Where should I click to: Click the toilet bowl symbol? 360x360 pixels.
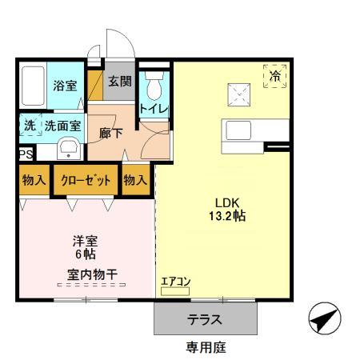tap(154, 86)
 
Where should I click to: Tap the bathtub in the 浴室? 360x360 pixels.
tap(33, 86)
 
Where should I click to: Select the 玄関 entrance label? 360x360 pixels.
tap(120, 81)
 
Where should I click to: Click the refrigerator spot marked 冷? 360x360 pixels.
tap(275, 76)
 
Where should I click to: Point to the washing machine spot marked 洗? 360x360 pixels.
tap(30, 125)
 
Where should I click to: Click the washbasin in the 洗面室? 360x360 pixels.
tap(69, 148)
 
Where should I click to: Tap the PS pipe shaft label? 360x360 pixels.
tap(26, 154)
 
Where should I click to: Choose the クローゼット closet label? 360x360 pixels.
tap(86, 180)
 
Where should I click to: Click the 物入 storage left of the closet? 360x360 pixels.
tap(34, 180)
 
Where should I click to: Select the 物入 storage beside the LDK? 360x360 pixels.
tap(135, 180)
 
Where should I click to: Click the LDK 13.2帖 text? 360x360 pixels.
tap(227, 210)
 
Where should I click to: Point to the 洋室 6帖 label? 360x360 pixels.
tap(86, 247)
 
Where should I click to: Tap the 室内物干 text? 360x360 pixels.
tap(92, 274)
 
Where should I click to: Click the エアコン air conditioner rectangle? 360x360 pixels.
tap(175, 291)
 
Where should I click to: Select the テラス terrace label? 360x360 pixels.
tap(205, 319)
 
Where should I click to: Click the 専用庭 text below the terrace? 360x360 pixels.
tap(206, 347)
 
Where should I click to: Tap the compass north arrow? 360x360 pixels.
tap(324, 318)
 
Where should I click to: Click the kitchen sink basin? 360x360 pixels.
tap(238, 130)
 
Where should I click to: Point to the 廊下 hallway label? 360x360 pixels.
tap(111, 133)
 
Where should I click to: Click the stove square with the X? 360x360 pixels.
tap(239, 94)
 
